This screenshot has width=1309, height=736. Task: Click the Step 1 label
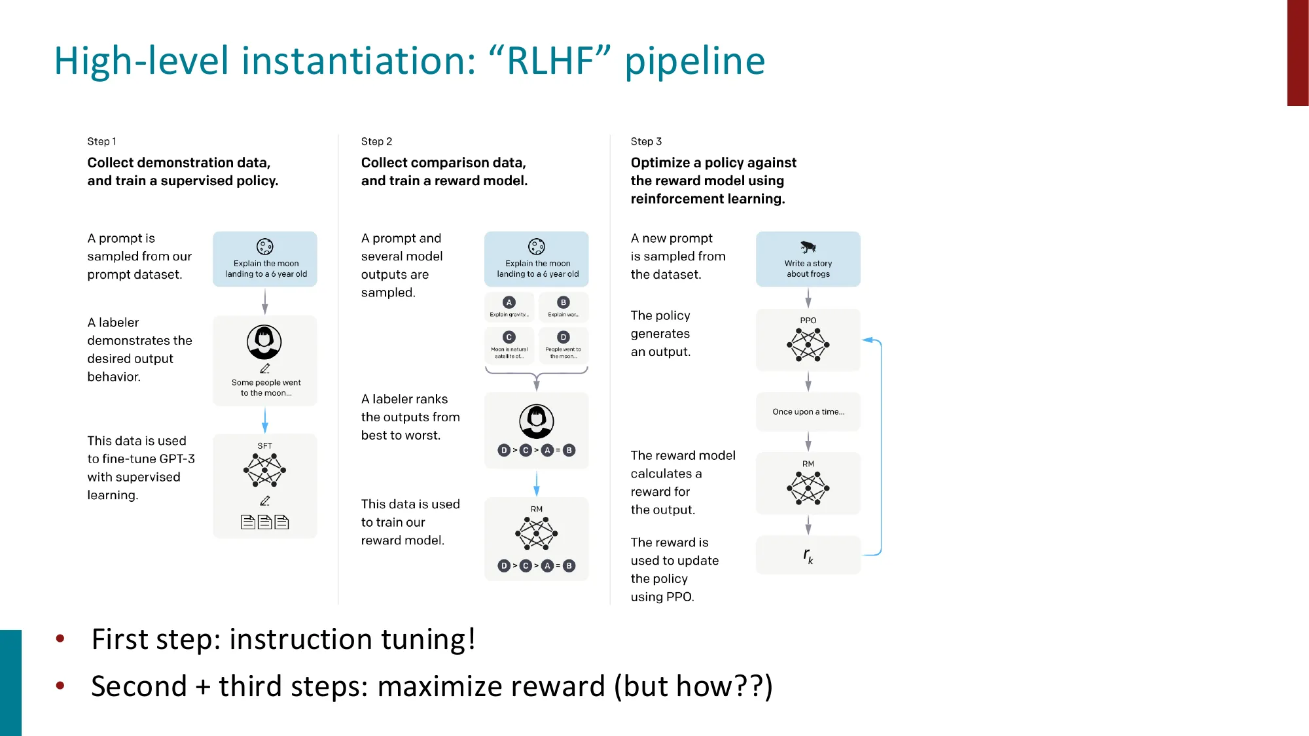(x=101, y=141)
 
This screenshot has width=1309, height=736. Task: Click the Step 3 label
(x=646, y=141)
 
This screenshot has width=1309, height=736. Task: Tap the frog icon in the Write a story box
(x=808, y=247)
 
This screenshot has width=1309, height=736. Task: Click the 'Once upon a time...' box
(x=808, y=412)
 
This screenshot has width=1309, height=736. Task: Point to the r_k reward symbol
(x=808, y=555)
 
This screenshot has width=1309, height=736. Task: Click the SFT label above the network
(x=264, y=446)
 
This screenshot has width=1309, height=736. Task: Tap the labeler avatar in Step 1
(x=264, y=342)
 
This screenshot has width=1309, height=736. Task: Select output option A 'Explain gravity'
(x=509, y=307)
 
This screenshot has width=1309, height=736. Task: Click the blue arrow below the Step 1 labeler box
(x=264, y=419)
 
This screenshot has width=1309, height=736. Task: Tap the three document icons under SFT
(x=264, y=521)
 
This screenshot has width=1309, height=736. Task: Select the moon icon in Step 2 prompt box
(x=536, y=247)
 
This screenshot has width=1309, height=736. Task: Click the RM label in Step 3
(x=808, y=464)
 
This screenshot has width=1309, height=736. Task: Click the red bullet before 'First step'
(x=60, y=639)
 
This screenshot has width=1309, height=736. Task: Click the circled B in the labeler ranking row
(x=569, y=450)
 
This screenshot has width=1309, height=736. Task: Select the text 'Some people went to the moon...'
(x=266, y=387)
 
